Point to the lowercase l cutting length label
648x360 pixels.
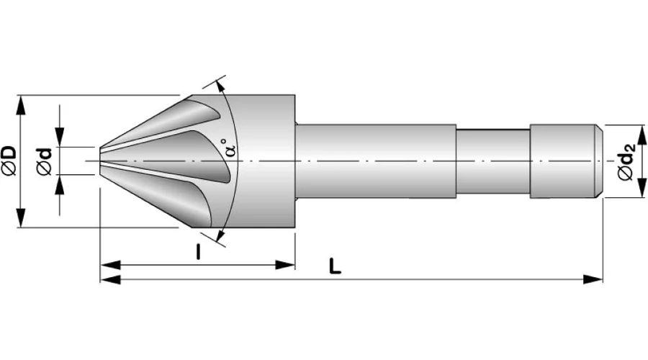197,251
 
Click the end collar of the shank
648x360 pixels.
562,161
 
